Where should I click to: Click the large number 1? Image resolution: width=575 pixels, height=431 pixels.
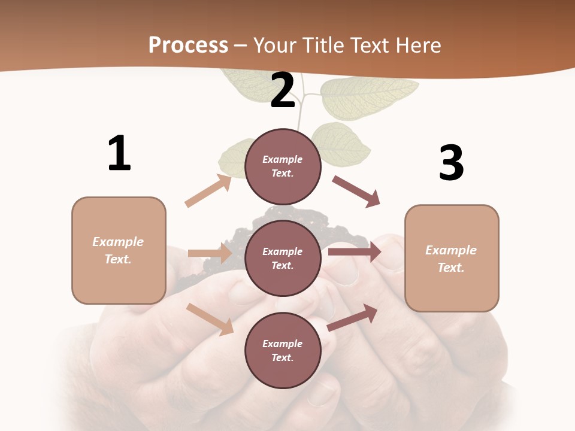tap(119, 153)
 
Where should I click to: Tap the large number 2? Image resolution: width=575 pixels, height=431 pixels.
tap(283, 90)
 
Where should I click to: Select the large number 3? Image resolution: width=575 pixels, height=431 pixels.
tap(452, 163)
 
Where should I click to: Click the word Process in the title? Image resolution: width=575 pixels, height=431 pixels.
tap(188, 45)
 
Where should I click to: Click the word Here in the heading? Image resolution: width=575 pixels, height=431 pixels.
tap(419, 45)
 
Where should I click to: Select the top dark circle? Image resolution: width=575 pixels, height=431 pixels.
tap(283, 166)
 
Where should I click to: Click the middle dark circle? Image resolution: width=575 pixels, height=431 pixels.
tap(283, 258)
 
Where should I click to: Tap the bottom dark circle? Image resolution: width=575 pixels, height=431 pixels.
tap(283, 350)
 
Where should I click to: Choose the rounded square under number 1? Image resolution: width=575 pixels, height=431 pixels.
tap(119, 250)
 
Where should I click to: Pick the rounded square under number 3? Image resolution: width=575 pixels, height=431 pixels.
tap(452, 259)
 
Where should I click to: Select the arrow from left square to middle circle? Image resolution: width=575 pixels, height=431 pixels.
tap(210, 253)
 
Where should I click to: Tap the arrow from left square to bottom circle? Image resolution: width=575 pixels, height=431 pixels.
tap(210, 318)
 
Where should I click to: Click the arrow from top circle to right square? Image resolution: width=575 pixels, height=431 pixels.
tap(356, 191)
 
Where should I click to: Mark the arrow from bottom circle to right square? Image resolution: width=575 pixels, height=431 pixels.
tap(353, 317)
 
